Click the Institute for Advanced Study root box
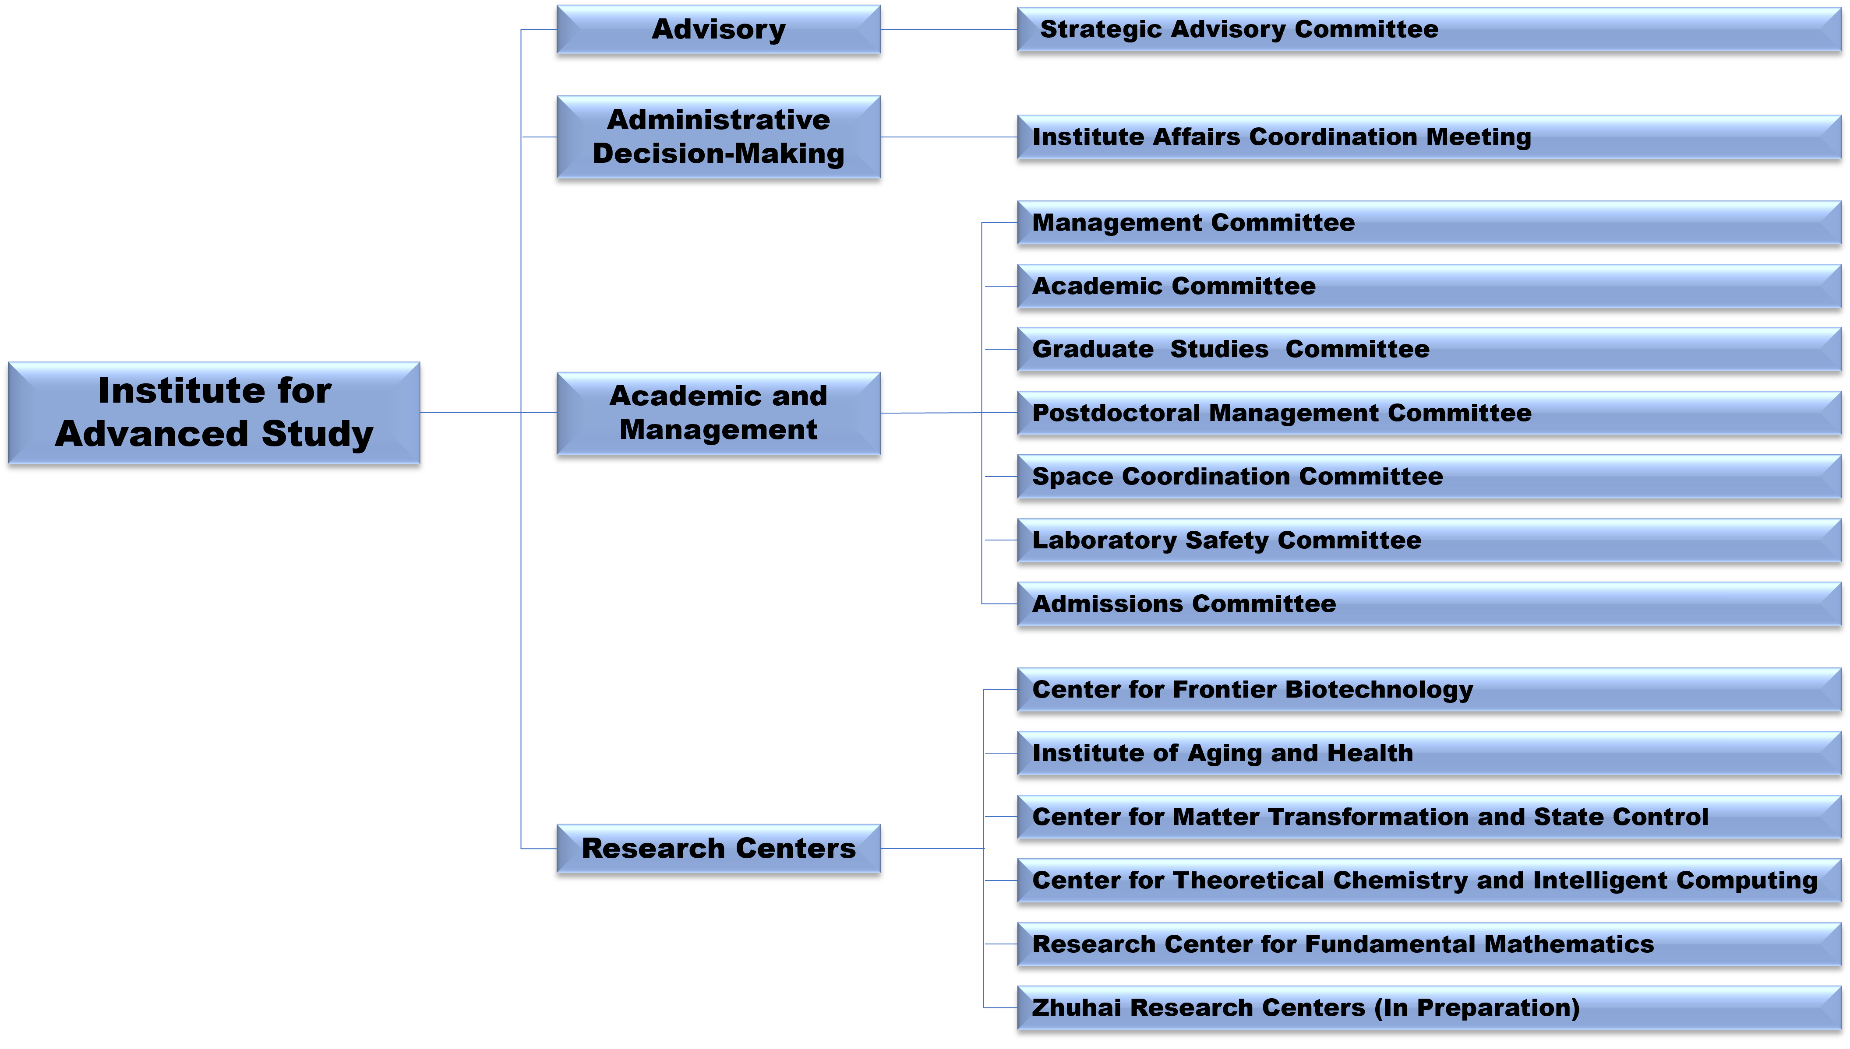214,413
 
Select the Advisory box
718,29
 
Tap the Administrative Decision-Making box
718,137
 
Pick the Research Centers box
718,849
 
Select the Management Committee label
1193,223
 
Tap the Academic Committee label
1174,286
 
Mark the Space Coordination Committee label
1237,477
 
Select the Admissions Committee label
1184,604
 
